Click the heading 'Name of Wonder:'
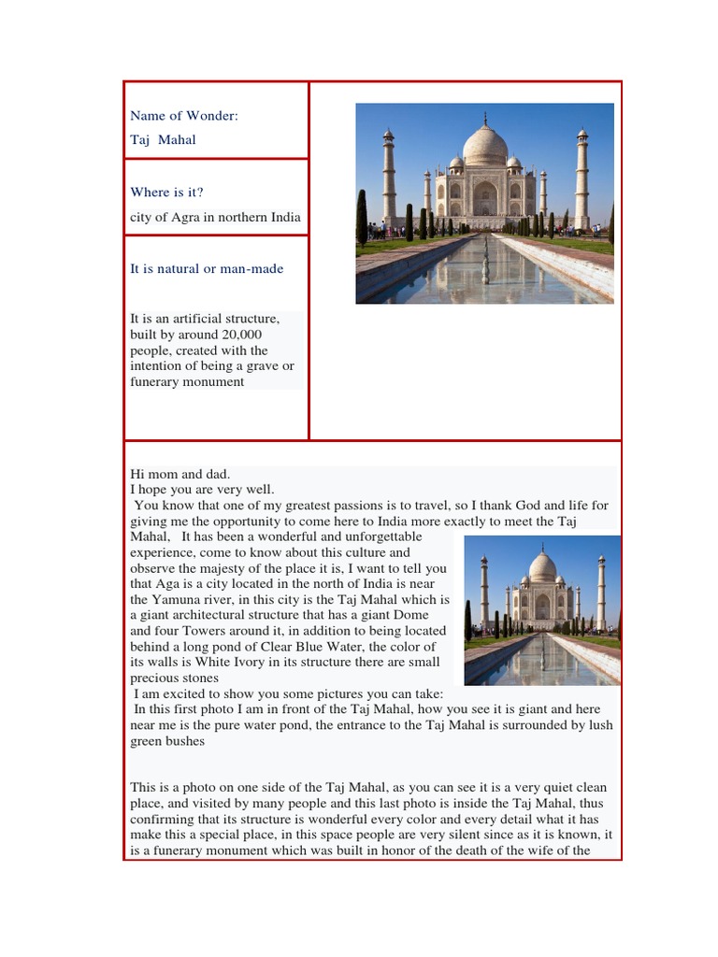tap(184, 116)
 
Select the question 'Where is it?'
tap(166, 193)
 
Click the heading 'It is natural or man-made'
tap(207, 269)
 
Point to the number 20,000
tap(242, 335)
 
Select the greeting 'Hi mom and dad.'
tap(179, 474)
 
